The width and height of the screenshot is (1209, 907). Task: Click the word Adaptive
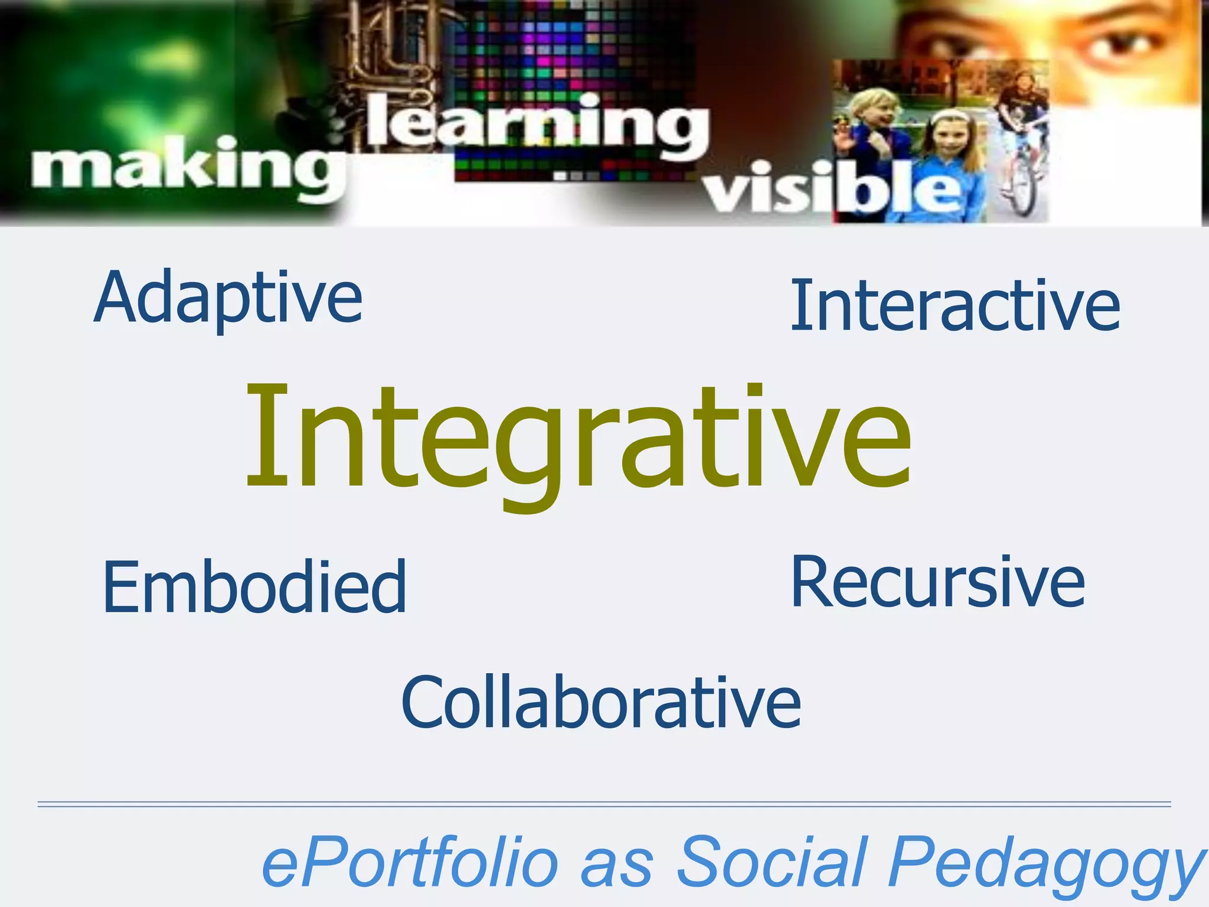pyautogui.click(x=228, y=298)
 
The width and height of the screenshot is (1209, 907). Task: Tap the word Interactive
pyautogui.click(x=955, y=305)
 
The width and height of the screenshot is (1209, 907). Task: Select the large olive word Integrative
pyautogui.click(x=579, y=440)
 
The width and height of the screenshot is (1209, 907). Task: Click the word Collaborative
pyautogui.click(x=601, y=703)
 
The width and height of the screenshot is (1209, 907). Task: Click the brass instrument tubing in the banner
pyautogui.click(x=390, y=53)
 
